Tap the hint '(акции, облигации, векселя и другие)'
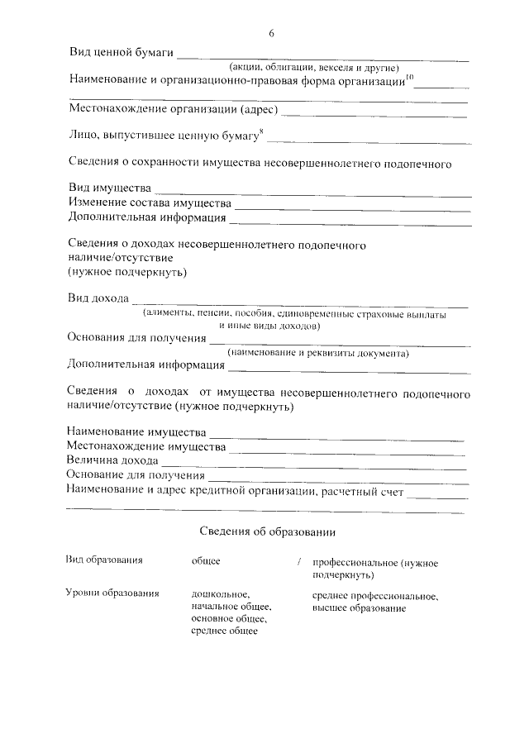coord(315,68)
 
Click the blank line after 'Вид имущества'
coord(313,193)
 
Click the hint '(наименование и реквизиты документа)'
coord(318,354)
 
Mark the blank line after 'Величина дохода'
coord(313,465)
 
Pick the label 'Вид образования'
coord(104,560)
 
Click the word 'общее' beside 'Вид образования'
coord(205,561)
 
